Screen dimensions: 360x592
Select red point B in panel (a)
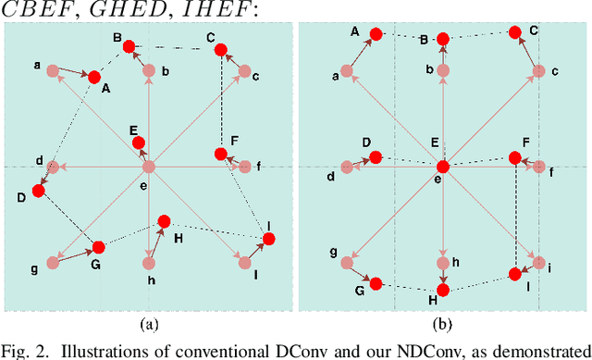[129, 45]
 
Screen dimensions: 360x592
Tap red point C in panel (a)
[221, 52]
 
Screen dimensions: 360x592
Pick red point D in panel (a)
[38, 191]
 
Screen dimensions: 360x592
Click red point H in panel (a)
[164, 221]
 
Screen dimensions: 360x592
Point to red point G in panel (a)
[97, 247]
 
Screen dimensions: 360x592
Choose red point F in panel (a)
[220, 154]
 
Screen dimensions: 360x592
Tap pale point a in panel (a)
[53, 70]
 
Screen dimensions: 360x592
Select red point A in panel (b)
[376, 34]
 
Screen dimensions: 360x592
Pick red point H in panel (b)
[443, 291]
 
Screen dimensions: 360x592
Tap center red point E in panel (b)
[443, 167]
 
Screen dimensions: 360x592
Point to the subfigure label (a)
[150, 325]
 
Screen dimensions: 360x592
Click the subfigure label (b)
[443, 325]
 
